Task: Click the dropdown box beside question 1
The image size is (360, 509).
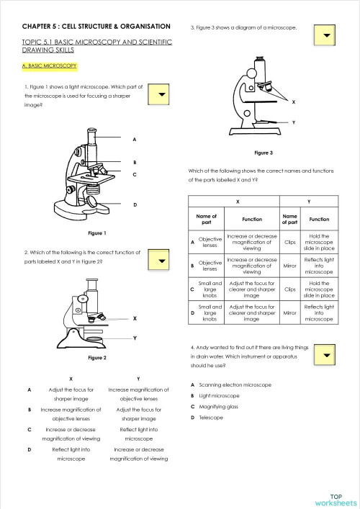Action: tap(162, 95)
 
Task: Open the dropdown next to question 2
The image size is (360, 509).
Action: tap(162, 261)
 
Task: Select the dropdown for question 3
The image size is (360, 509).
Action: tap(326, 35)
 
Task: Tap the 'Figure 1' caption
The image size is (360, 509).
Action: tap(97, 233)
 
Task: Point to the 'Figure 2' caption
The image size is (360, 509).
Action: tap(97, 358)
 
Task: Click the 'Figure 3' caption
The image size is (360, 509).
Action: tap(264, 153)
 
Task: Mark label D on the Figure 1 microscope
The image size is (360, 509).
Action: tap(135, 205)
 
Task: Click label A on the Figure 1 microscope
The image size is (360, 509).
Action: tap(135, 139)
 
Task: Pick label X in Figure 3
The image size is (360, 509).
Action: tap(293, 102)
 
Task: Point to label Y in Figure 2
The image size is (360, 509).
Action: tap(135, 338)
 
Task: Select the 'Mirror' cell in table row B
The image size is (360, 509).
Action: tap(290, 265)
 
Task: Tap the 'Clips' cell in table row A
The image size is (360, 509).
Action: tap(290, 243)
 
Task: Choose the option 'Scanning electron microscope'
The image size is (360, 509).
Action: tap(234, 385)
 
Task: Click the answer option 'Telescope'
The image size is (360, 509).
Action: tap(212, 418)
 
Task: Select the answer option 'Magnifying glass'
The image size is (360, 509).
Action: tap(219, 407)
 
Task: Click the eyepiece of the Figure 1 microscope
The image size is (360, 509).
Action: tap(92, 133)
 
